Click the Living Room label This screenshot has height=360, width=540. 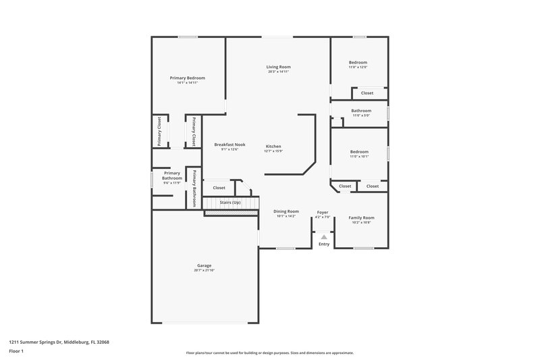(278, 67)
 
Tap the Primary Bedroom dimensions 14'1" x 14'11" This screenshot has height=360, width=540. (187, 83)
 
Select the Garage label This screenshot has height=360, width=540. (204, 265)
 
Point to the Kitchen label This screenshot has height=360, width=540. (273, 147)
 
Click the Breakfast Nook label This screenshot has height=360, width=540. (230, 145)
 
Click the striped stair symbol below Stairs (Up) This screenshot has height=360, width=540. (232, 213)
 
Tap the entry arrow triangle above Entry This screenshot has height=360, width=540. (324, 236)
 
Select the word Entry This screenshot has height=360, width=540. (324, 244)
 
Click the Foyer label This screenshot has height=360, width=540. (323, 213)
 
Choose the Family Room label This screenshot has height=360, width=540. (361, 217)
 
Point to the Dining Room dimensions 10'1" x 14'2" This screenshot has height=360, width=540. (286, 216)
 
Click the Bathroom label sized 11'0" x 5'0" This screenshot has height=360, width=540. (361, 111)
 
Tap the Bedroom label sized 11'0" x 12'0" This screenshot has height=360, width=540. (358, 62)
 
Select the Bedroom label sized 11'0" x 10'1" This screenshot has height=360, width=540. (359, 152)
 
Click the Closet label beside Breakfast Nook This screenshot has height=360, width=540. (219, 188)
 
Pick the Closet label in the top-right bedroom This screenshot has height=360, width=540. (367, 93)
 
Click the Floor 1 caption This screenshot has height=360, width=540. (17, 352)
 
